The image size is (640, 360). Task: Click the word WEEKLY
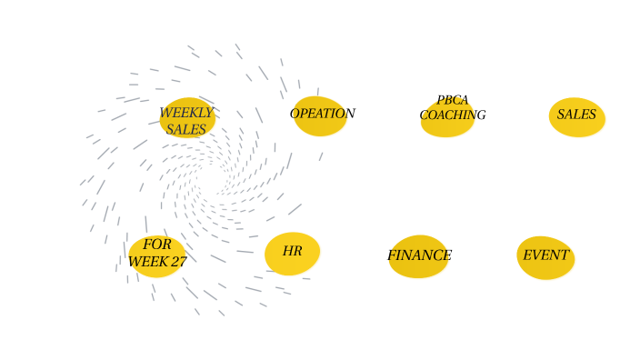[x=186, y=113]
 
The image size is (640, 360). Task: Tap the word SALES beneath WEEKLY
[x=186, y=129]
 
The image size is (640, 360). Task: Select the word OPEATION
[x=323, y=114]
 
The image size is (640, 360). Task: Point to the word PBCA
[x=453, y=101]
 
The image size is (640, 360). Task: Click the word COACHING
[x=453, y=115]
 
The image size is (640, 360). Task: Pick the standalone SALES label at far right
[x=576, y=115]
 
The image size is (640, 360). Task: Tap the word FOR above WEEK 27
[x=157, y=245]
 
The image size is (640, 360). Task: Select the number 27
[x=178, y=262]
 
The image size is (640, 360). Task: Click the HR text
[x=292, y=251]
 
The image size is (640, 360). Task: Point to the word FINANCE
[x=419, y=255]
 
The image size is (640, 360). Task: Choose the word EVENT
[x=545, y=255]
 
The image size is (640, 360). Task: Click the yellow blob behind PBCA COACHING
[x=447, y=127]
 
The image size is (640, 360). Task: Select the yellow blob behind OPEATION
[x=320, y=127]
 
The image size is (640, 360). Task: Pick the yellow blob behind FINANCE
[x=418, y=269]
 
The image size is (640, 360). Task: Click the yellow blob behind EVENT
[x=545, y=269]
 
